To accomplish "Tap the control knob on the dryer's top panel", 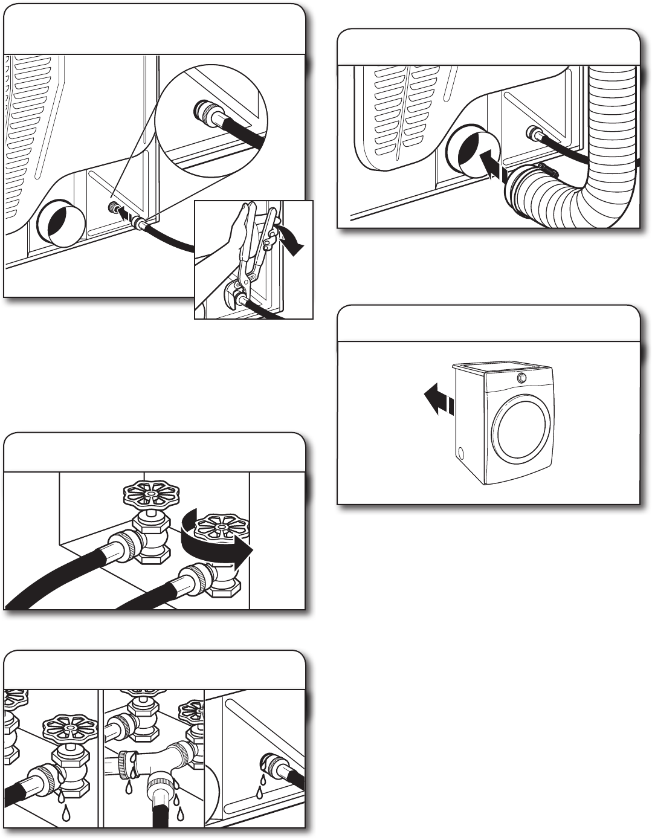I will point(520,378).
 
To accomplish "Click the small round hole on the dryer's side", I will point(463,453).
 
